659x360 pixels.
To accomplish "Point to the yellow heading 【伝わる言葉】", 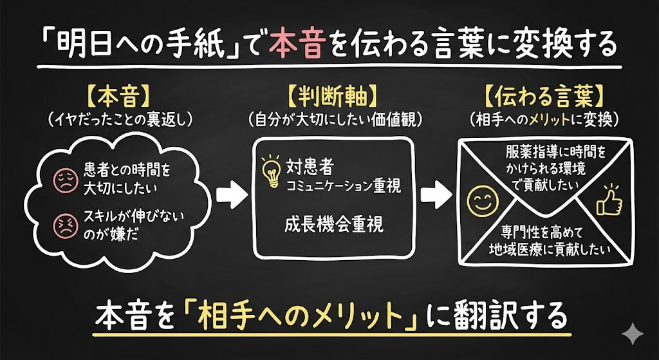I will pyautogui.click(x=544, y=97).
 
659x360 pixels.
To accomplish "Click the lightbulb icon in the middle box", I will pyautogui.click(x=271, y=170).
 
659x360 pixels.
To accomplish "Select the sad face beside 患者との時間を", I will pyautogui.click(x=66, y=178).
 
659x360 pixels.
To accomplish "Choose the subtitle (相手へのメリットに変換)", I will pyautogui.click(x=544, y=119).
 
